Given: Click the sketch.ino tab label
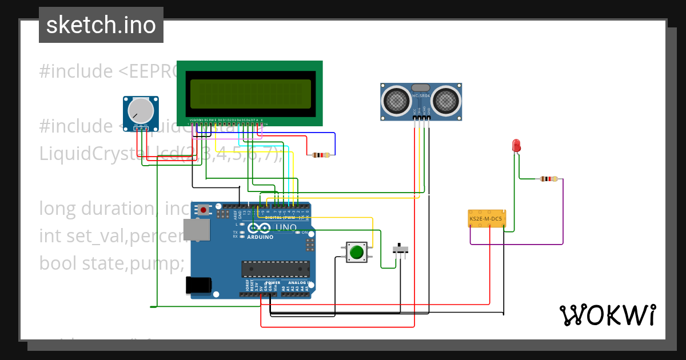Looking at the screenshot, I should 101,25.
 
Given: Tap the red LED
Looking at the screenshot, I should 516,145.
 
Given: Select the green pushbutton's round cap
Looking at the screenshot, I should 357,251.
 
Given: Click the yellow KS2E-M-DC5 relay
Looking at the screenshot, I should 486,218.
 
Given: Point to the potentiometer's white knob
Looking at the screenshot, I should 140,110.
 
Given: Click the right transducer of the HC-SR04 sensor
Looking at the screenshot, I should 445,101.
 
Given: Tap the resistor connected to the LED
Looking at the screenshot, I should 548,179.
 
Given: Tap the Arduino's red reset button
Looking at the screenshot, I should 203,210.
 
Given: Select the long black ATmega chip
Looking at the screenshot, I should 276,268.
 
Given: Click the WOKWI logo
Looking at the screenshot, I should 607,315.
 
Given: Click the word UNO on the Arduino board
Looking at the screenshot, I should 286,227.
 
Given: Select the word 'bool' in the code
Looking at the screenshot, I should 58,263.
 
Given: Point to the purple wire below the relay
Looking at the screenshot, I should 514,245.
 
